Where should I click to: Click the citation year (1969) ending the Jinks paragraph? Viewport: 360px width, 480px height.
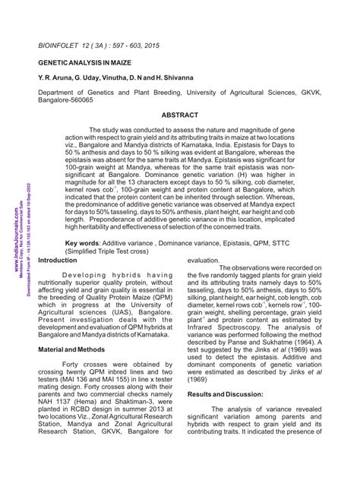202,377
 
